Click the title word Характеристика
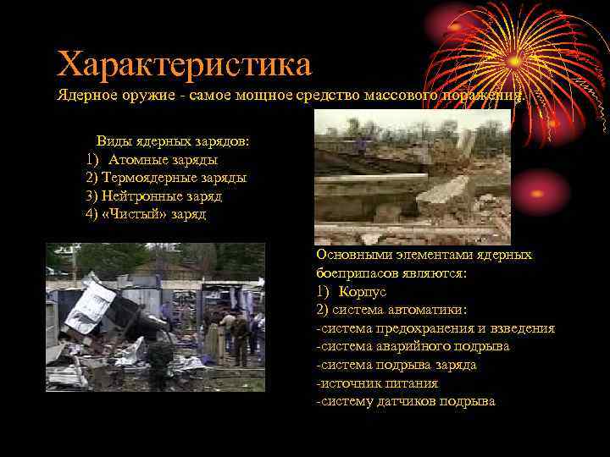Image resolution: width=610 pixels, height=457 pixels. [184, 63]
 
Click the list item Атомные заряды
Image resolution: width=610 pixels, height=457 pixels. [162, 159]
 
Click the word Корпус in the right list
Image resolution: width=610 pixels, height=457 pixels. [363, 291]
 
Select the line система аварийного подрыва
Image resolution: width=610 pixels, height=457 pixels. [424, 346]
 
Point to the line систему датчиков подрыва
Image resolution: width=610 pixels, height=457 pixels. [405, 401]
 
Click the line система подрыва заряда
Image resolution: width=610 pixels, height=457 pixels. [396, 365]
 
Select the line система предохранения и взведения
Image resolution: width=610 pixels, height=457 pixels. [435, 328]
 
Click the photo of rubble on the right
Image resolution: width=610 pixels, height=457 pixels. [413, 177]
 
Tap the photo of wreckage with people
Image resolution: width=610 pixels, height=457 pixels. [155, 317]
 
